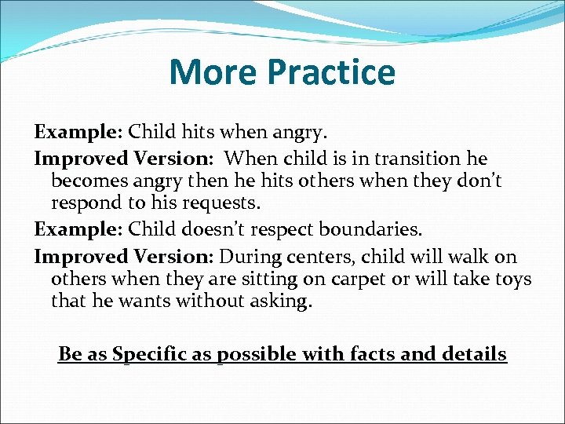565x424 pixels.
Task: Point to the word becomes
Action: (x=88, y=181)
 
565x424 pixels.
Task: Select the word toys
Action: (x=512, y=280)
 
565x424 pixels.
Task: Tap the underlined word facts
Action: (x=370, y=354)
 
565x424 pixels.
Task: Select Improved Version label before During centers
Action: (x=124, y=257)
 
